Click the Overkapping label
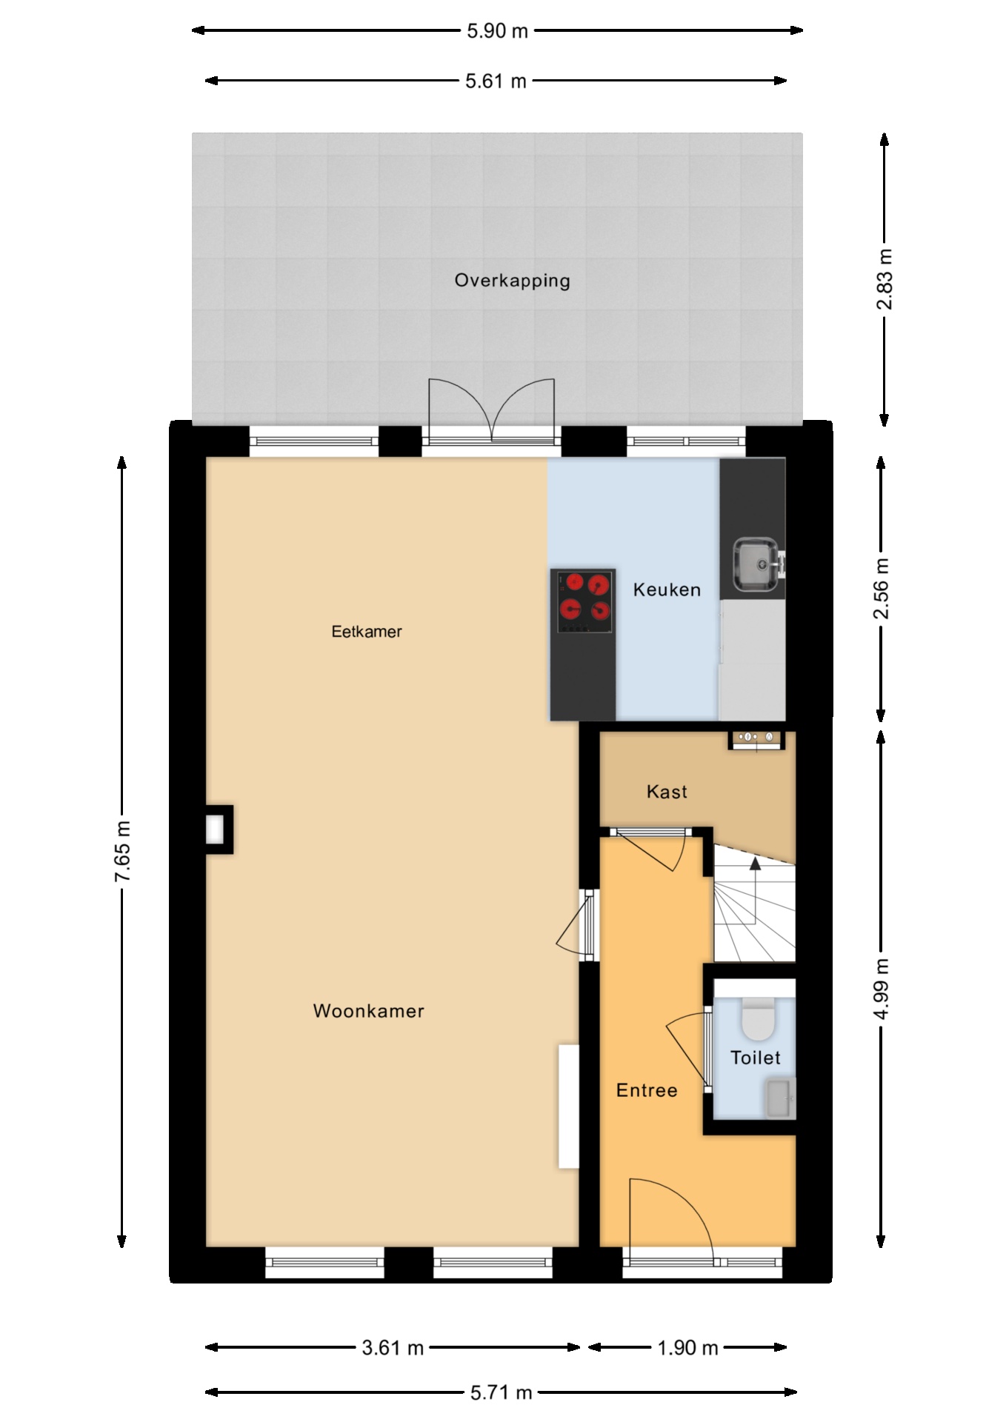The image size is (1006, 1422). [x=512, y=281]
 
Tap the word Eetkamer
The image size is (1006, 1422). [x=367, y=632]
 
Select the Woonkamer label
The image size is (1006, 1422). [x=369, y=1011]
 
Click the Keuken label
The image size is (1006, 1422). [x=667, y=590]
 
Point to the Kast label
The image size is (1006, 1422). [x=667, y=792]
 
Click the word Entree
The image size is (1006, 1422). [x=647, y=1090]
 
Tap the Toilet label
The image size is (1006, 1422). [x=756, y=1058]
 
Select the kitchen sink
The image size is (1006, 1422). [x=756, y=565]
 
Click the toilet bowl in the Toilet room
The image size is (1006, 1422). [x=758, y=1019]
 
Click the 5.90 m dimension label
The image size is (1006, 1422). [x=497, y=30]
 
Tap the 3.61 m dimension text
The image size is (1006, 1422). [x=393, y=1348]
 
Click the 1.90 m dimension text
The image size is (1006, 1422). [x=687, y=1348]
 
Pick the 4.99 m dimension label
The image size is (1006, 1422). [x=882, y=989]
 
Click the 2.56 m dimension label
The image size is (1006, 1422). [x=882, y=589]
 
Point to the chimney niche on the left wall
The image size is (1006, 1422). [x=219, y=829]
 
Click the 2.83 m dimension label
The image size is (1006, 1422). [x=884, y=280]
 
